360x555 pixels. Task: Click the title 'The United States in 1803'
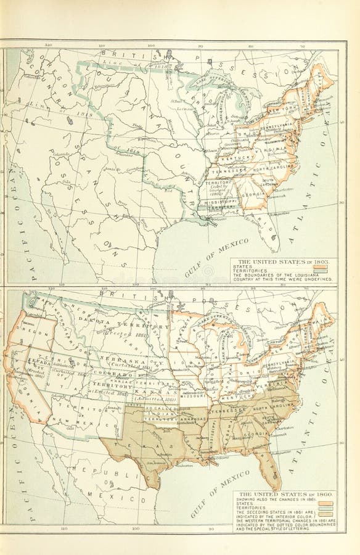click(284, 262)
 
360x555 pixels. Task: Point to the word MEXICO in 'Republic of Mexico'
click(103, 495)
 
